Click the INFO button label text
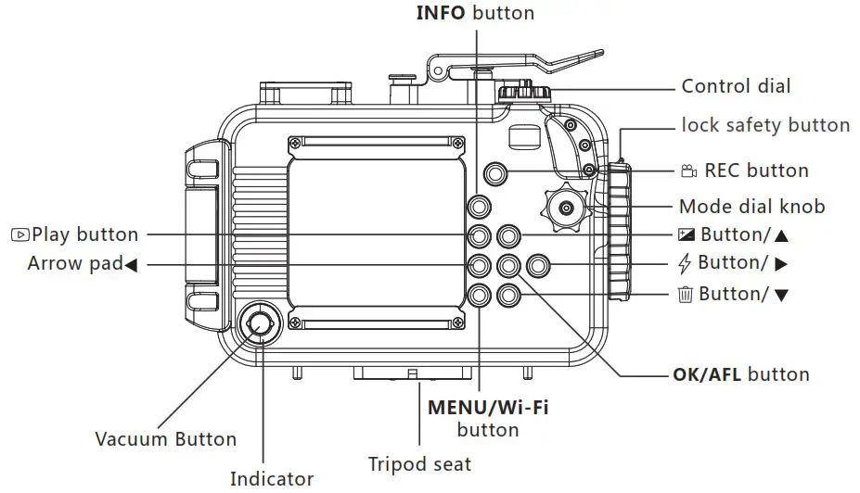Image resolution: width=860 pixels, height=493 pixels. [x=474, y=13]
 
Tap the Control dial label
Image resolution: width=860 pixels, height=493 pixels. [x=736, y=86]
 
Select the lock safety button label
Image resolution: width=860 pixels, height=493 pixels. [x=765, y=124]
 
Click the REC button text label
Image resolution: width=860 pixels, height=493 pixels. [x=756, y=171]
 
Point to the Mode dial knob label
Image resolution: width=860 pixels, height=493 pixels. [x=751, y=207]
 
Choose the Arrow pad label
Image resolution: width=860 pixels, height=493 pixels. [x=82, y=264]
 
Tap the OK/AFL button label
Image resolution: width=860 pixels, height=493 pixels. [x=741, y=375]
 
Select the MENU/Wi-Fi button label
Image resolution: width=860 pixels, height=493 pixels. [x=488, y=418]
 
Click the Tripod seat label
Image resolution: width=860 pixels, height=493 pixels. [x=419, y=463]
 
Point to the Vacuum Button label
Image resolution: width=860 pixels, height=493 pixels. [x=165, y=438]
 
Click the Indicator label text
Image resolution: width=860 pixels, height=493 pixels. [x=272, y=478]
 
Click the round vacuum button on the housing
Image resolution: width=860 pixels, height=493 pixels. [x=258, y=323]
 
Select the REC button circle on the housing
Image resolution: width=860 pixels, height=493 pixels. [x=496, y=173]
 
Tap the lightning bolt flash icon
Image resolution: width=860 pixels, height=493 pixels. [x=686, y=264]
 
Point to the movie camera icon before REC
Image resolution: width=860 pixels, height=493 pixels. [x=688, y=171]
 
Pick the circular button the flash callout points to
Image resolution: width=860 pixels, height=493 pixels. [x=537, y=267]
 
